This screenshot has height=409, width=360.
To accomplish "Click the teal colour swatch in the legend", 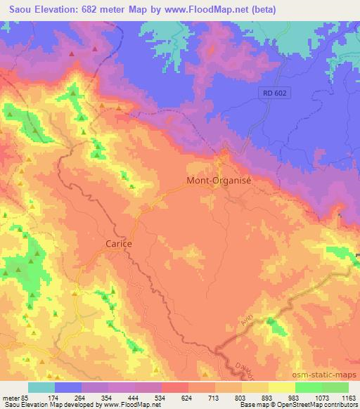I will tap(41, 387).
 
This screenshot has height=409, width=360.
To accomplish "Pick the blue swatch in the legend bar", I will tap(68, 387).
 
